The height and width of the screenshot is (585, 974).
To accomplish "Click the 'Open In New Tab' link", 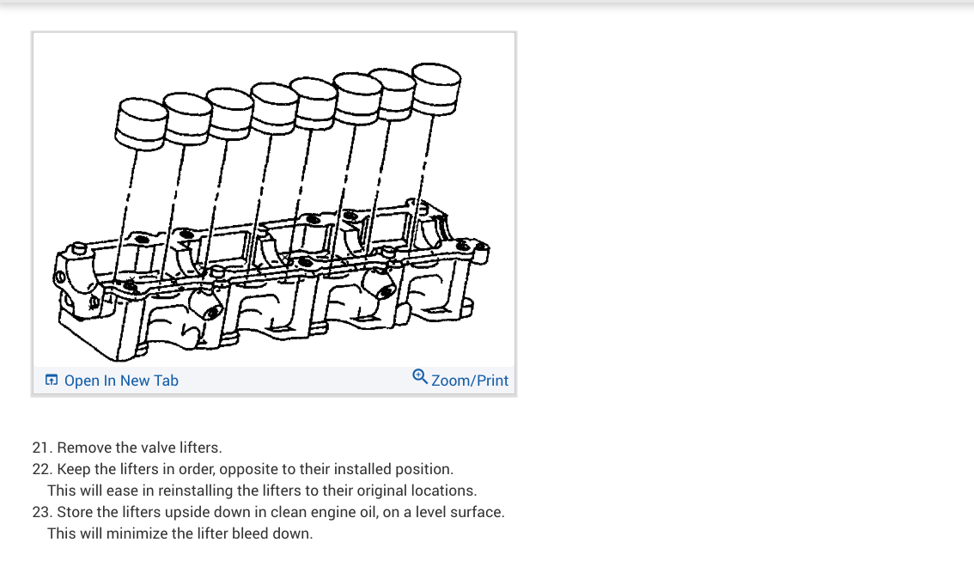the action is pos(121,381).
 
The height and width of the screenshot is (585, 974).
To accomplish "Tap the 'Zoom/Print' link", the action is pos(470,381).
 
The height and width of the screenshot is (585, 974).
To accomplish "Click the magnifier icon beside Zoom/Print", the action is pos(420,376).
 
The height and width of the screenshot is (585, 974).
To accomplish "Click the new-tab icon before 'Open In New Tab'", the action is pos(52,380).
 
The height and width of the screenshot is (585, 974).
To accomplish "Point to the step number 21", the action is pos(40,448).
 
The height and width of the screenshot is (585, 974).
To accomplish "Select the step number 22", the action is pos(40,469).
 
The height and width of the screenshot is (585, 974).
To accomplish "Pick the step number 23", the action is pos(40,512).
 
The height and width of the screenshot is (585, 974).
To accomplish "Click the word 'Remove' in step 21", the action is pos(83,448).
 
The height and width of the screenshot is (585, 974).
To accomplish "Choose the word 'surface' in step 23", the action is pos(476,512).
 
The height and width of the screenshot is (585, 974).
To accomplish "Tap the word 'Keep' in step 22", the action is pos(72,469).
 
